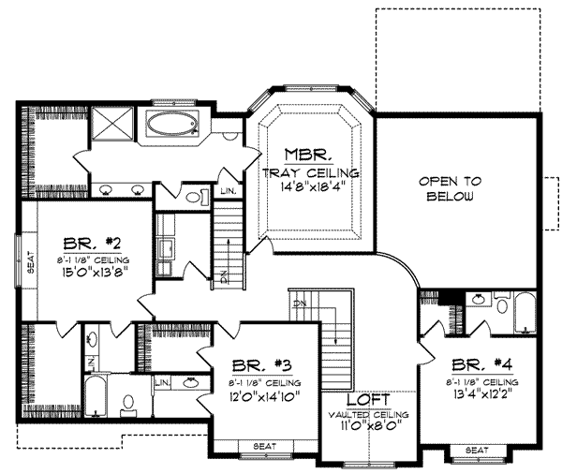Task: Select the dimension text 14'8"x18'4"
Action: coord(308,186)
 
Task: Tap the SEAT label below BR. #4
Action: coord(478,450)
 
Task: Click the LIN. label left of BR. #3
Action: coord(160,382)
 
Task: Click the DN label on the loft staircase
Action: coord(300,304)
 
